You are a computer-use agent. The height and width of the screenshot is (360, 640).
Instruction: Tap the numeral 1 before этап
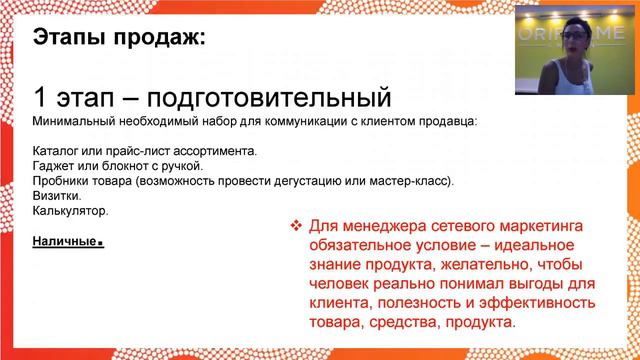(x=40, y=98)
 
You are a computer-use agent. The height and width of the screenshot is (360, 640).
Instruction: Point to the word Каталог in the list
(x=54, y=151)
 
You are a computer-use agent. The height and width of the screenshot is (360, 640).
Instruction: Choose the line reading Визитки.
(x=53, y=196)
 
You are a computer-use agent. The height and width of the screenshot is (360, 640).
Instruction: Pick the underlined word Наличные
(x=66, y=241)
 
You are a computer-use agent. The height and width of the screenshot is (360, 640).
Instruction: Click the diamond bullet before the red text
(x=295, y=226)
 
